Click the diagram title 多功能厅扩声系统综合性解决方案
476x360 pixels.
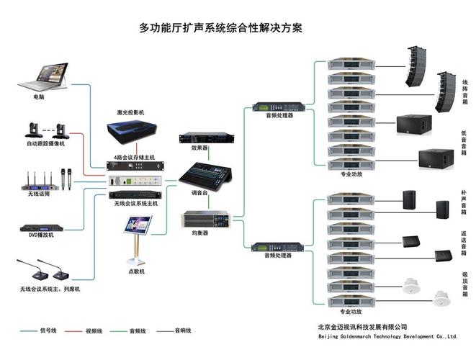click(x=220, y=29)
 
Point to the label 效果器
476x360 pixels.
click(x=199, y=148)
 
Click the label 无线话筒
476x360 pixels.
click(x=41, y=193)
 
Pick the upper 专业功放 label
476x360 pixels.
click(x=351, y=174)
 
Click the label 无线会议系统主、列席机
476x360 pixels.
click(x=50, y=289)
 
